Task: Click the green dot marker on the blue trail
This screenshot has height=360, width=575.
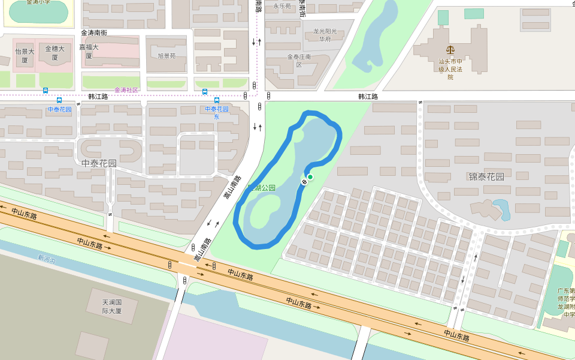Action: pos(310,177)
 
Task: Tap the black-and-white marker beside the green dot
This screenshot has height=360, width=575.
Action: pos(305,181)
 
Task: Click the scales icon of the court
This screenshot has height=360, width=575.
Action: pos(450,51)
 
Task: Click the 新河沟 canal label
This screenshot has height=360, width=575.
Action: pos(46,259)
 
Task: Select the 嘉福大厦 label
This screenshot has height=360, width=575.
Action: pos(89,51)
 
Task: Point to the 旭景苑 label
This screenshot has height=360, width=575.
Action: pos(167,56)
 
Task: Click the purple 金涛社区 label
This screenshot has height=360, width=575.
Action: pos(126,90)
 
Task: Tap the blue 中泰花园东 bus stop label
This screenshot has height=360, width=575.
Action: pos(217,113)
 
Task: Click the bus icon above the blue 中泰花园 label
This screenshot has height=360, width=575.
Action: pos(59,100)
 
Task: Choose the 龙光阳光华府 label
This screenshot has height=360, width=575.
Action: pos(325,35)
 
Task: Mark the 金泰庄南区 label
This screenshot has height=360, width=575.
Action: pos(299,61)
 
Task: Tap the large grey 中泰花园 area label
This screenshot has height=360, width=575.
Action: pos(99,163)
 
